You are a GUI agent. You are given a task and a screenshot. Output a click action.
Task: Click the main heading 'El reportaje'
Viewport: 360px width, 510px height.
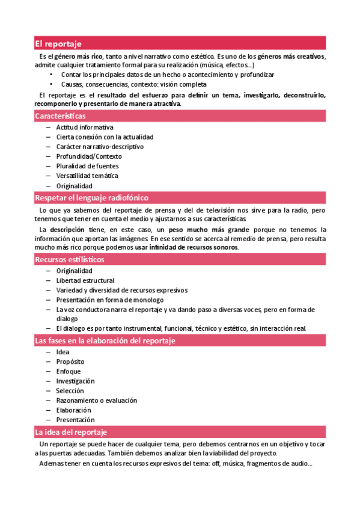click(x=58, y=43)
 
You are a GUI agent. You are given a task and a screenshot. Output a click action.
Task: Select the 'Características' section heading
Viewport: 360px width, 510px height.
click(x=60, y=115)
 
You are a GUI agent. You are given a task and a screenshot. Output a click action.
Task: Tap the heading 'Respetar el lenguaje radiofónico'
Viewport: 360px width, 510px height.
click(x=91, y=197)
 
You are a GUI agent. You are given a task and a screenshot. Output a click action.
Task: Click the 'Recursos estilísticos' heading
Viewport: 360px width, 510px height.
click(x=69, y=259)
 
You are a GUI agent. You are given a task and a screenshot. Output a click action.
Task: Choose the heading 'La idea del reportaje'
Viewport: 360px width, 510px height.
click(x=71, y=432)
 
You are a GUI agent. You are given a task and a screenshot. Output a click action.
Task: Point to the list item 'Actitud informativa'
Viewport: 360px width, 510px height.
click(x=85, y=127)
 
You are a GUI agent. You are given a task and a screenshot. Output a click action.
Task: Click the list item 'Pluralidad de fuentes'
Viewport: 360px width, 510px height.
click(x=87, y=166)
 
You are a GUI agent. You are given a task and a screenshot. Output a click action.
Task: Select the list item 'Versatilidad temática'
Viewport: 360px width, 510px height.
click(x=87, y=176)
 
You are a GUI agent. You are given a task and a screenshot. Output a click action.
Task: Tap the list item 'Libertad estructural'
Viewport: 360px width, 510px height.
click(x=85, y=280)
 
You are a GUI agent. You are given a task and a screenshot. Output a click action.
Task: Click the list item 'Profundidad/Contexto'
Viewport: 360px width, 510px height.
click(x=88, y=156)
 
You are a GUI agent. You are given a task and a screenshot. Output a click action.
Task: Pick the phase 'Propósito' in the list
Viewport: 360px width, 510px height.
click(x=70, y=361)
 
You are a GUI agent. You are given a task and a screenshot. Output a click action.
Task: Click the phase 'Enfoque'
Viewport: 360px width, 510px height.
click(x=69, y=371)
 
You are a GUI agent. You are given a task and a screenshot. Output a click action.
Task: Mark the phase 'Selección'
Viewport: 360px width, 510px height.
click(x=70, y=390)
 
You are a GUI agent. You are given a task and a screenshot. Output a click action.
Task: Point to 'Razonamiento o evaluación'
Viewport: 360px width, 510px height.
click(x=97, y=400)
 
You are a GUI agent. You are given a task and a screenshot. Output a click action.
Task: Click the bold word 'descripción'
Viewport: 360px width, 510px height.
click(x=67, y=230)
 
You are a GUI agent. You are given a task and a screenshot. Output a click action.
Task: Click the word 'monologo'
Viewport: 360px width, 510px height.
click(x=148, y=300)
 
